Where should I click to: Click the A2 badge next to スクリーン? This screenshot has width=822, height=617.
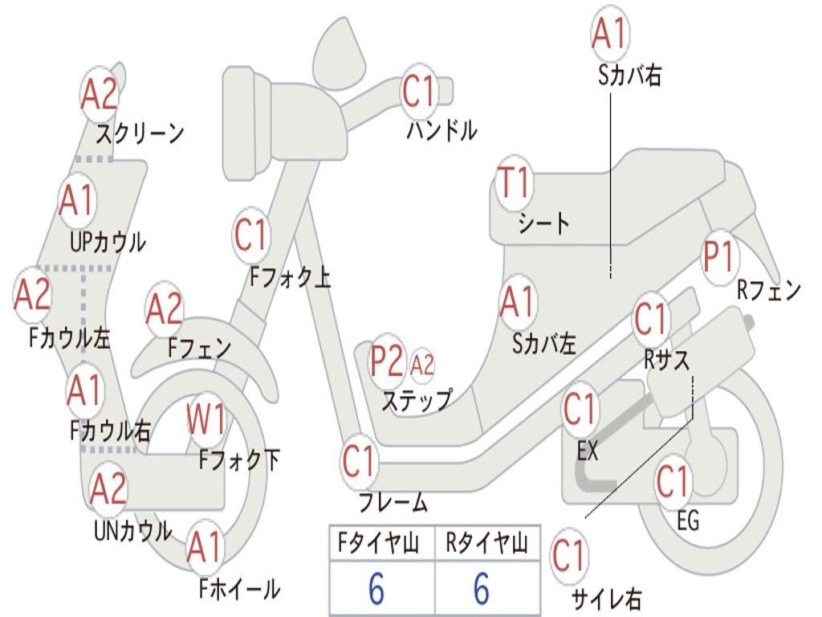[100, 95]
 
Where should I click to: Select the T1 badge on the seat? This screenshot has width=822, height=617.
[514, 184]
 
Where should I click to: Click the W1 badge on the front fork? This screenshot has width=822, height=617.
[207, 418]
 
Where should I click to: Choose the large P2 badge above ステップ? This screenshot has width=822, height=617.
[387, 362]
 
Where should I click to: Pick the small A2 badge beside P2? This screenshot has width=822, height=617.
[421, 365]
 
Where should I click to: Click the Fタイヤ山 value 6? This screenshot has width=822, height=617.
[376, 590]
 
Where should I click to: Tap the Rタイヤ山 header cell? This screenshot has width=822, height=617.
[486, 545]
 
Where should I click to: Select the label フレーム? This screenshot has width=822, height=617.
[393, 504]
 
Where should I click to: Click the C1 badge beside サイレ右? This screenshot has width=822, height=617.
[568, 555]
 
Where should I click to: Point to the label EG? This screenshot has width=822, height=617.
[688, 521]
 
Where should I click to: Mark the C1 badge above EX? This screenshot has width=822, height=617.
[580, 409]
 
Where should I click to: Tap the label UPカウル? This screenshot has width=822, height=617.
[108, 240]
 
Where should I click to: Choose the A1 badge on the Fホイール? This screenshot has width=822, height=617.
[205, 550]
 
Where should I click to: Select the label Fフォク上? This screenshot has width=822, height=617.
[290, 278]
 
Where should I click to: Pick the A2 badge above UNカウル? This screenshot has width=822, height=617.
[108, 488]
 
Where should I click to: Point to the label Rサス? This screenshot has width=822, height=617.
[667, 359]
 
